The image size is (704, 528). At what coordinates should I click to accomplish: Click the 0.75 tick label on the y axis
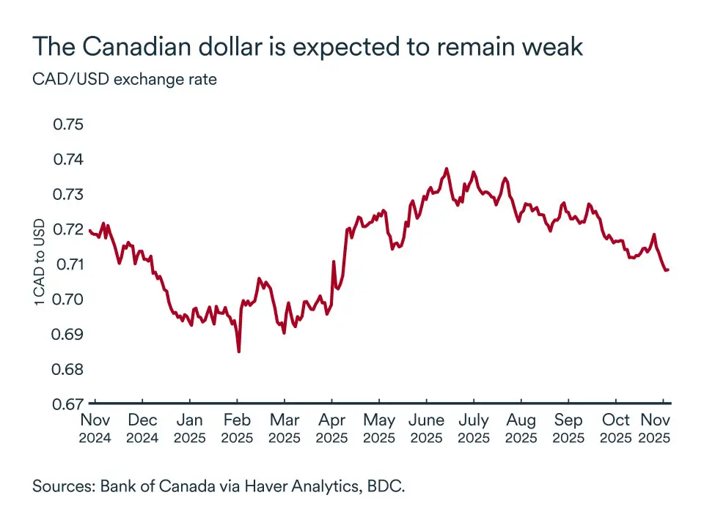coord(69,124)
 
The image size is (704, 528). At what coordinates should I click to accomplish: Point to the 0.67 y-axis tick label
coord(69,404)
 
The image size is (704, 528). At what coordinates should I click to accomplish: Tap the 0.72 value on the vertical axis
coord(69,229)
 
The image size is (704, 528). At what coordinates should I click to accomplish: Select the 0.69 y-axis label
coord(69,334)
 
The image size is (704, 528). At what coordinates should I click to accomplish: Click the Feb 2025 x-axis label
coord(237,428)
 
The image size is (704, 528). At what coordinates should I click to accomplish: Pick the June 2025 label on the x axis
coord(426,428)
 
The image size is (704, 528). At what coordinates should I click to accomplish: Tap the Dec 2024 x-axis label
coord(142,428)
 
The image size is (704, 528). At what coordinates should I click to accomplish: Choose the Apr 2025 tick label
coord(331,428)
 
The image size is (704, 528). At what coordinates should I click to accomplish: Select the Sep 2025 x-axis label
coord(568,428)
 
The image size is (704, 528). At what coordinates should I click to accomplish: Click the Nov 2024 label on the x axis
coord(95,428)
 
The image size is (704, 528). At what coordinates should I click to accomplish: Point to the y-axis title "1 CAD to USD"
coord(40,262)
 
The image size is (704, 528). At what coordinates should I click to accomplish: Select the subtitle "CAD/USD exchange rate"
coord(125,78)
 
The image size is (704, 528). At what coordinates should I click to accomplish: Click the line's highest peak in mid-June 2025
coord(446,168)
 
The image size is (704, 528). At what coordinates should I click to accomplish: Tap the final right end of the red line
coord(668,269)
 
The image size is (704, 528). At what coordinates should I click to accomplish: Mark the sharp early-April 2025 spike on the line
coord(334,261)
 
